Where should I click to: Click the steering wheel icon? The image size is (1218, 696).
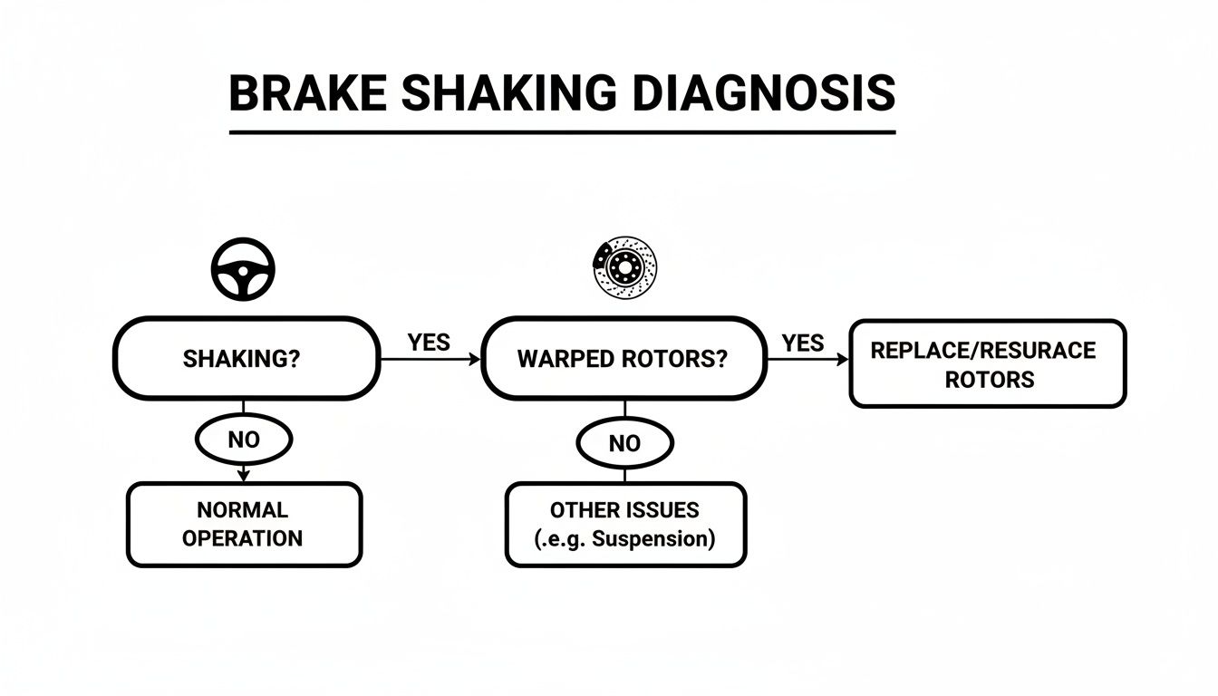coord(243,269)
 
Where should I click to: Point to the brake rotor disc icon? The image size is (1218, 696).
coord(625,267)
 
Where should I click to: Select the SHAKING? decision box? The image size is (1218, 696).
coord(246,359)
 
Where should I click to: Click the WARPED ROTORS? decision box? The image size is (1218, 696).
coord(623,359)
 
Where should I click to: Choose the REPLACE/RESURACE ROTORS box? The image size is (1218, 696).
coord(987,363)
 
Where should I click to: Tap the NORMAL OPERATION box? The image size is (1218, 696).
coord(244,525)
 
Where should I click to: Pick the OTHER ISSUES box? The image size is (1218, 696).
coord(625,525)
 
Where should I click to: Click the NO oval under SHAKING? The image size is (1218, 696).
coord(244,440)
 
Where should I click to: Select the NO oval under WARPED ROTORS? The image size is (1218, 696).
coord(625,443)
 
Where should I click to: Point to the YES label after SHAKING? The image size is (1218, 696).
coord(429,343)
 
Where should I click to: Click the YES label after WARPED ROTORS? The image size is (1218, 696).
coord(803,343)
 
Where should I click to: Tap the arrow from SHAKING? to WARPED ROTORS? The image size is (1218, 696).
coord(430,360)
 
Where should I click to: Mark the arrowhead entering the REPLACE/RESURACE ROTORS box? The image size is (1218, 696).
coord(843,360)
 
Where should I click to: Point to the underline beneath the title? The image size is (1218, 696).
coord(562,132)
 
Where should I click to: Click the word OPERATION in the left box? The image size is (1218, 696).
coord(242,538)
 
